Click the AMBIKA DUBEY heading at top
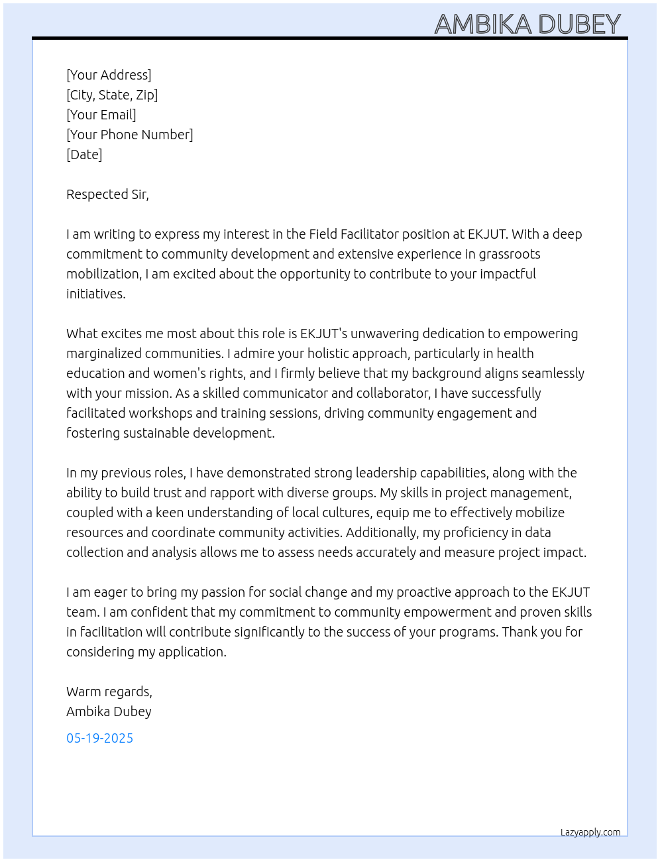pos(527,24)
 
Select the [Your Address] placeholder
pos(109,75)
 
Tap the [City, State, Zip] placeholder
pos(112,95)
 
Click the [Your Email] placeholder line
pos(101,115)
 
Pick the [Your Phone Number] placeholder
pos(130,135)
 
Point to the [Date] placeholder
pos(84,154)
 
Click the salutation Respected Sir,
pos(107,194)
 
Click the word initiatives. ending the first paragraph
pos(95,294)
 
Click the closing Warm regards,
pos(109,692)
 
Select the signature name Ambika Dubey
pos(109,711)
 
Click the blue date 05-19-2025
pos(99,738)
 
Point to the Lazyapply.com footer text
pos(590,832)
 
